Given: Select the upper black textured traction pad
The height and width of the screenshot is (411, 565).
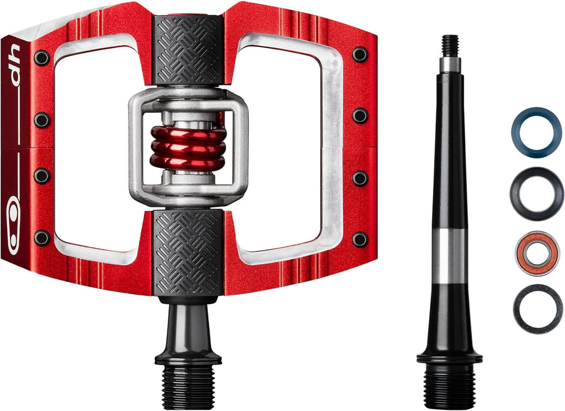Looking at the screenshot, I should click(x=188, y=50).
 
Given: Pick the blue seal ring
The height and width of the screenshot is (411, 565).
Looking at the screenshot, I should click(x=536, y=132).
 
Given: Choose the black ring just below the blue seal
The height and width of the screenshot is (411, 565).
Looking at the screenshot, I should click(x=536, y=193).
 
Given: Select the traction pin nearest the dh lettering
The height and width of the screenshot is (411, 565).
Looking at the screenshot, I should click(x=42, y=58).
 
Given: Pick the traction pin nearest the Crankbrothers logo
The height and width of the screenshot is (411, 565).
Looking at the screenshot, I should click(x=42, y=238).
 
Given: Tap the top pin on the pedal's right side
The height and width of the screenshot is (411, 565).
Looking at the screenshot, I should click(x=360, y=55).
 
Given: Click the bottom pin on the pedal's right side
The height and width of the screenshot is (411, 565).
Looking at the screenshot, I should click(x=360, y=239).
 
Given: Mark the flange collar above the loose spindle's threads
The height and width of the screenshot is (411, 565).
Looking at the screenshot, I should click(x=449, y=357).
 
